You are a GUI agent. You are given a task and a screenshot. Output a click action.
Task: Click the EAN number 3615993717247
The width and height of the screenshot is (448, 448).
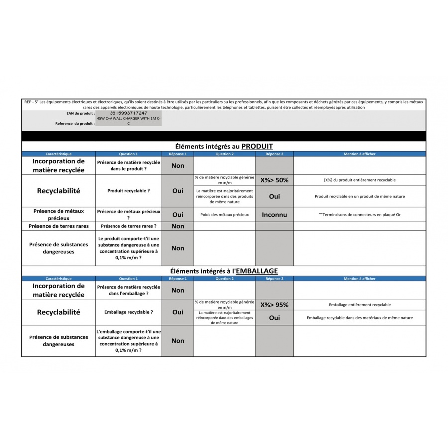tap(128, 113)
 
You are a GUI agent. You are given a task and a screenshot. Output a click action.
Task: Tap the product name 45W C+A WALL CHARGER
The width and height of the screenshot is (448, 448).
tap(128, 119)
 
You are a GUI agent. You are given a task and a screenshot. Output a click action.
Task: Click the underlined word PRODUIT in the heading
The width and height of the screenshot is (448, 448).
tap(257, 146)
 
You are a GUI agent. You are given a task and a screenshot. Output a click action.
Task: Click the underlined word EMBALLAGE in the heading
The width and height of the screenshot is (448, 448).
tap(257, 271)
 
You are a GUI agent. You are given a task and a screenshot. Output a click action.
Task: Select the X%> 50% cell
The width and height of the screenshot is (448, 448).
tap(274, 180)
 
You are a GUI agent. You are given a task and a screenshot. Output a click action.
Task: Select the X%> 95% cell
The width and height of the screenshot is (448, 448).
tap(274, 305)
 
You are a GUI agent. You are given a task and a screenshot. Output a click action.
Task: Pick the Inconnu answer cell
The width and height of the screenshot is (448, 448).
tap(274, 215)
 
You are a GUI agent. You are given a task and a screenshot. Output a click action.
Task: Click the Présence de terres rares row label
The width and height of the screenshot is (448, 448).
tap(58, 226)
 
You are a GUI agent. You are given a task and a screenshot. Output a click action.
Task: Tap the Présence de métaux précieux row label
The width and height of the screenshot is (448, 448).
tap(58, 215)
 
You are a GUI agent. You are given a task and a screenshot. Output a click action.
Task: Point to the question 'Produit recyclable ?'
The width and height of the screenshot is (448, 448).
tap(128, 191)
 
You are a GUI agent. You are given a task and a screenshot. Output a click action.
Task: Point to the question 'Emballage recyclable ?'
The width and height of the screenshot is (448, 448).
tap(128, 312)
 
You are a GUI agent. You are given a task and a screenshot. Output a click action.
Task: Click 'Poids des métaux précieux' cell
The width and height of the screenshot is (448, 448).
tap(224, 215)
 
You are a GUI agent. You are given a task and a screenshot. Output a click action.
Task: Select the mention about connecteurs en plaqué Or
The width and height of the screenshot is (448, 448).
tap(359, 215)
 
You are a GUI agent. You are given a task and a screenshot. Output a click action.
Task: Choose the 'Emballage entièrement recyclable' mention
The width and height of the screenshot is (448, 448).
tap(359, 305)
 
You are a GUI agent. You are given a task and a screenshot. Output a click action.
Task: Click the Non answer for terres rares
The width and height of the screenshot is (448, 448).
tap(178, 226)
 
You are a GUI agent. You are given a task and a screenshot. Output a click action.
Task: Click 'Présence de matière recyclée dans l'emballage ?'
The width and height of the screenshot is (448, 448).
tap(128, 290)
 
